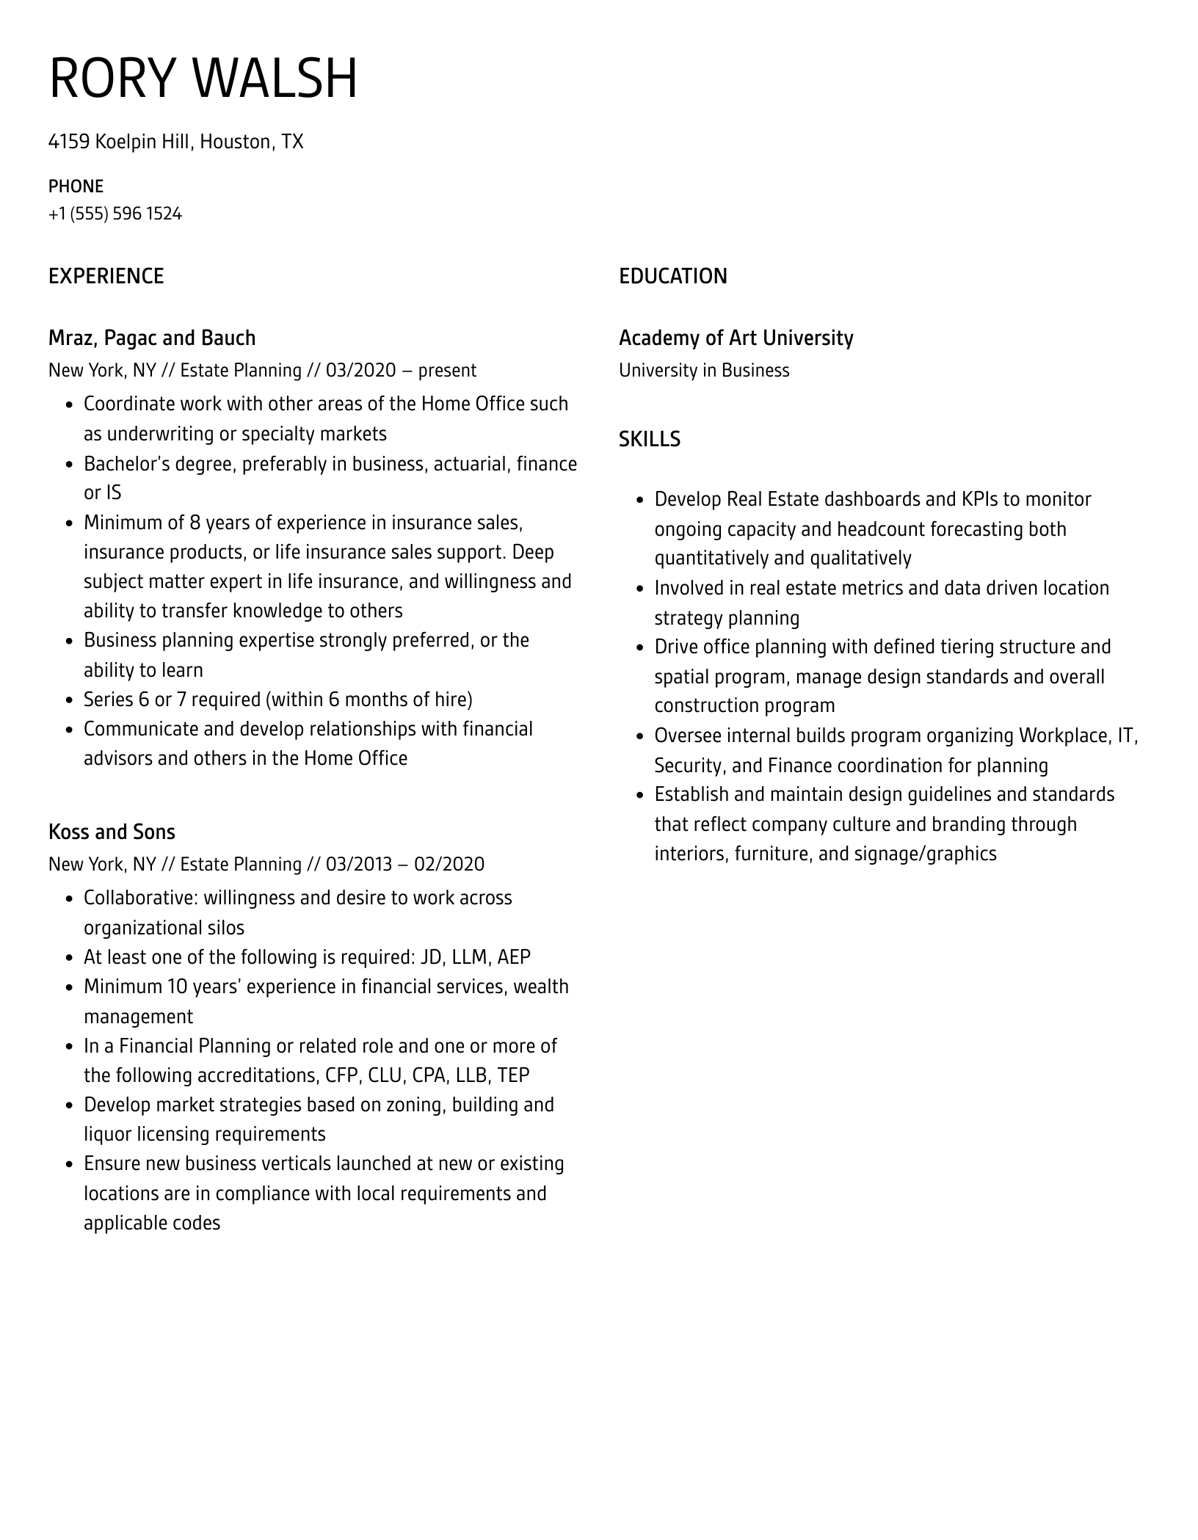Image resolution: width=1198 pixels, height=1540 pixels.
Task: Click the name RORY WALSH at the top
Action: [203, 78]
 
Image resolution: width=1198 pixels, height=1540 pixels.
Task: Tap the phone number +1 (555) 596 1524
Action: [115, 214]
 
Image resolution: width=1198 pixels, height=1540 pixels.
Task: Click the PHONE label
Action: [76, 186]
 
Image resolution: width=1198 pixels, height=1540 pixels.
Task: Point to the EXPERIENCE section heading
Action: [106, 276]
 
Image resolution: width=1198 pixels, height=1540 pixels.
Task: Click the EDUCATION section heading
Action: [672, 276]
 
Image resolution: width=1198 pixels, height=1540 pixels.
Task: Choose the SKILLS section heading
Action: [649, 439]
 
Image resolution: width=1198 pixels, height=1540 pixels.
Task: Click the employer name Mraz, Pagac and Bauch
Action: [152, 338]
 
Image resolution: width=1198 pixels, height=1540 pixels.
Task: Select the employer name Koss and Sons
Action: [112, 832]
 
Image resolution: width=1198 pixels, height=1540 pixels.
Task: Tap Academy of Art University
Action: [736, 338]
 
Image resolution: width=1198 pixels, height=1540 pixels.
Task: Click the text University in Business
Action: [704, 370]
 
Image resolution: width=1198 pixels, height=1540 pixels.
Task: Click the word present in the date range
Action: [447, 370]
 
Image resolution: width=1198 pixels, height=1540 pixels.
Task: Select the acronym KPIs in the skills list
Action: [979, 499]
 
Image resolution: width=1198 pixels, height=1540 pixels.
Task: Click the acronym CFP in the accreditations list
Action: [341, 1075]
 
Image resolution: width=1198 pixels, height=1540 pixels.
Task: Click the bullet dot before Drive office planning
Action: [640, 648]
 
